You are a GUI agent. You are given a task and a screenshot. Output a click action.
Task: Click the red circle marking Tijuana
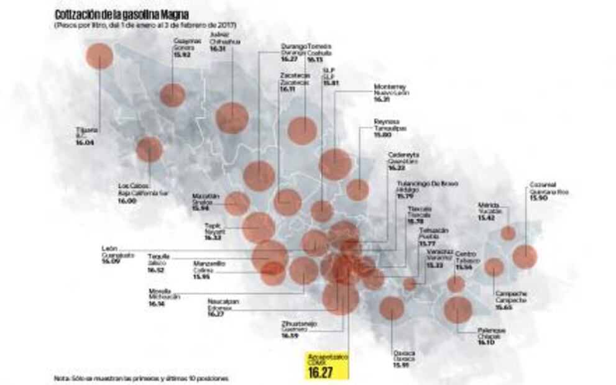pyautogui.click(x=99, y=56)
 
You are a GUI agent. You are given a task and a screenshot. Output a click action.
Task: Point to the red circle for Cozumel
pyautogui.click(x=524, y=256)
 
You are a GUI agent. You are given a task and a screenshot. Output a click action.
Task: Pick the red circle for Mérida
pyautogui.click(x=508, y=233)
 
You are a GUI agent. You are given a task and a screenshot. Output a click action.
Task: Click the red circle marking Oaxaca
pyautogui.click(x=392, y=308)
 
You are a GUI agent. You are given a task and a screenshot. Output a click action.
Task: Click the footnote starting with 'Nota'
pyautogui.click(x=142, y=378)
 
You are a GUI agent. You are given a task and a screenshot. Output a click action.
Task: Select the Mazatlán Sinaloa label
pyautogui.click(x=206, y=202)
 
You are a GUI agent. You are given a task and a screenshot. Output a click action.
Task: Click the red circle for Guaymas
pyautogui.click(x=172, y=95)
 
